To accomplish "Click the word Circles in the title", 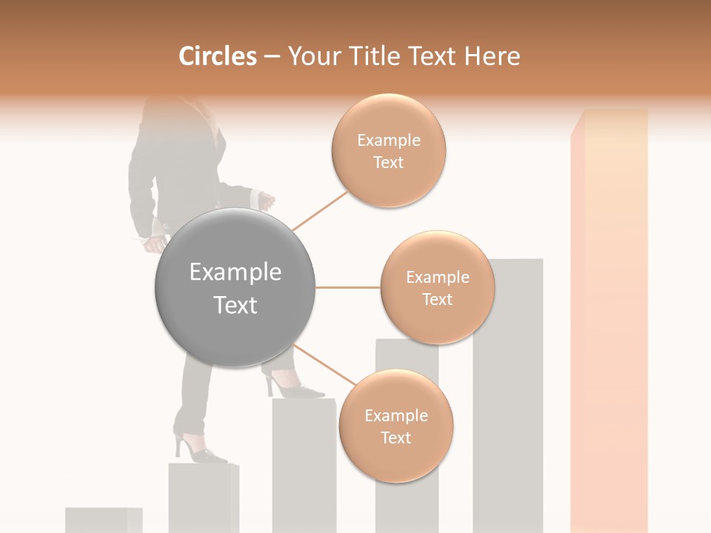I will pyautogui.click(x=217, y=56).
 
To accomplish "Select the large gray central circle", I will pyautogui.click(x=235, y=287).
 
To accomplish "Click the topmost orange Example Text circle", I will pyautogui.click(x=388, y=150).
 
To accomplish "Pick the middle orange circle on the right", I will pyautogui.click(x=437, y=287).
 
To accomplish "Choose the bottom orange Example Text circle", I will pyautogui.click(x=395, y=426).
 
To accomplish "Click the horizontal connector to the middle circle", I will pyautogui.click(x=348, y=287).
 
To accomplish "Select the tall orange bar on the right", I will pyautogui.click(x=609, y=318).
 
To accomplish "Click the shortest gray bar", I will pyautogui.click(x=103, y=520).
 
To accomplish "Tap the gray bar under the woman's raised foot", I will pyautogui.click(x=304, y=466).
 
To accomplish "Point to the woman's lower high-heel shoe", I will pyautogui.click(x=198, y=452).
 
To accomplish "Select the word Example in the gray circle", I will pyautogui.click(x=235, y=272).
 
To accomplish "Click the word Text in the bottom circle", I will pyautogui.click(x=395, y=438).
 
